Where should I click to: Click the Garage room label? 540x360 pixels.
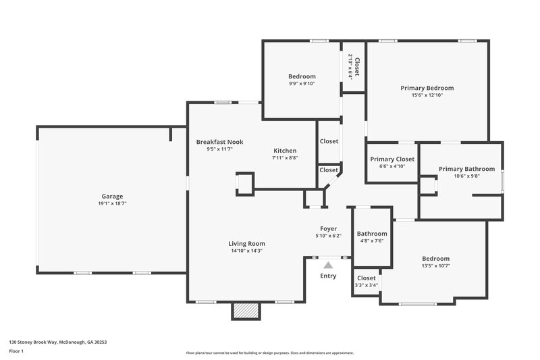(x=112, y=197)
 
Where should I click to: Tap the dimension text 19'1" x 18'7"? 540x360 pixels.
(x=112, y=203)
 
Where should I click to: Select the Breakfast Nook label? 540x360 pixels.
(x=219, y=142)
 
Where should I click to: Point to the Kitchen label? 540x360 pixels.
(x=285, y=151)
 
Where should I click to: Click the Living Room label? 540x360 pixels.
(x=246, y=244)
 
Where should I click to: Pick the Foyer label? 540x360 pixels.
(x=328, y=229)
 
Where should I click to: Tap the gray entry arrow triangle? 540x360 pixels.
(x=328, y=265)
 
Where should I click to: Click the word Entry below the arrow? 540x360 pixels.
(x=328, y=276)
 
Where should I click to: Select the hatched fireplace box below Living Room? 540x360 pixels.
(x=246, y=310)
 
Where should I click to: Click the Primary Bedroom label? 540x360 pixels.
(x=427, y=88)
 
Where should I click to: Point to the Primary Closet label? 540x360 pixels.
(x=392, y=159)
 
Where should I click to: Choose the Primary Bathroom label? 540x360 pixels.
(x=466, y=169)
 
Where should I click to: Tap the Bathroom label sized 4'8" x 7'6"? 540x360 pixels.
(x=371, y=234)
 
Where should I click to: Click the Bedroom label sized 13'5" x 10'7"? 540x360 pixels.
(x=435, y=259)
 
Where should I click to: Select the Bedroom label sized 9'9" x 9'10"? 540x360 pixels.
(x=302, y=76)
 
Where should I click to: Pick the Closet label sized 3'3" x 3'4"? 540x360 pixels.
(x=366, y=278)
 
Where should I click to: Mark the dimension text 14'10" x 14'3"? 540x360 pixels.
(x=246, y=251)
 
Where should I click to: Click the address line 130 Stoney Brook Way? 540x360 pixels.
(x=57, y=342)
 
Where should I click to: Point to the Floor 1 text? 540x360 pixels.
(x=17, y=351)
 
